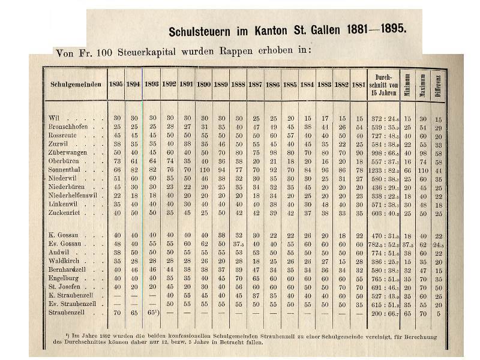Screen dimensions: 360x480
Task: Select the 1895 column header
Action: click(116, 85)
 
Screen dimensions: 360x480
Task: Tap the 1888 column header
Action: click(238, 85)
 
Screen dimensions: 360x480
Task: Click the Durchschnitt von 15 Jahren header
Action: click(383, 85)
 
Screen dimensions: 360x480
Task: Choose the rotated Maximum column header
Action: click(423, 85)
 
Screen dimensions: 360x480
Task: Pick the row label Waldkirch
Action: click(64, 262)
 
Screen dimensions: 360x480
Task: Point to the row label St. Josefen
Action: click(65, 287)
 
